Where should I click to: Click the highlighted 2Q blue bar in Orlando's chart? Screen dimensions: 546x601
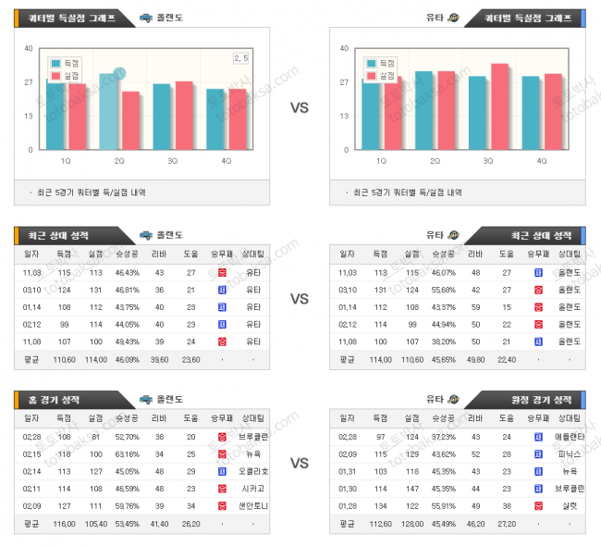pyautogui.click(x=108, y=111)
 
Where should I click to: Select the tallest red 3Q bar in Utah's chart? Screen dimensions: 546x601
pyautogui.click(x=499, y=106)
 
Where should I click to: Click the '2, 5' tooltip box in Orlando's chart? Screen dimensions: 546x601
pyautogui.click(x=241, y=58)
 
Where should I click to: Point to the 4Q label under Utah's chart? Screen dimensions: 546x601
pyautogui.click(x=541, y=160)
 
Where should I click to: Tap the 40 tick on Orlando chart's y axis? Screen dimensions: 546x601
pyautogui.click(x=29, y=48)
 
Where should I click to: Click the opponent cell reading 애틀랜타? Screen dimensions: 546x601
pyautogui.click(x=570, y=436)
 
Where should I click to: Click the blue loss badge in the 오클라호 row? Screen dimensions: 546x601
pyautogui.click(x=222, y=471)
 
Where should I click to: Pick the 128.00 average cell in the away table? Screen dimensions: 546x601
pyautogui.click(x=411, y=523)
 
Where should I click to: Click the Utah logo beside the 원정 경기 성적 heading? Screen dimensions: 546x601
pyautogui.click(x=453, y=400)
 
